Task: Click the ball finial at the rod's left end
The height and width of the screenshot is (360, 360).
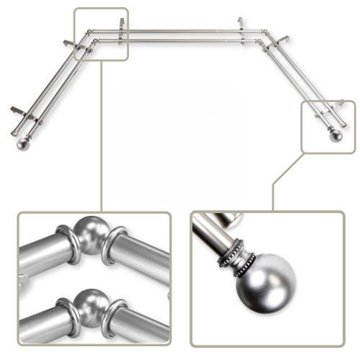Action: [21, 144]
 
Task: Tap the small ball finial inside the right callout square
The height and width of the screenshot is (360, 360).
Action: [335, 136]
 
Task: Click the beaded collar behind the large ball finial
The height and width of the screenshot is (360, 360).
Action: [238, 253]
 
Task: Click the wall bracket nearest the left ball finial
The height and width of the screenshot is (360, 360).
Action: [22, 113]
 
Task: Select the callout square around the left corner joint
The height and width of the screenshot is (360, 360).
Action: [101, 34]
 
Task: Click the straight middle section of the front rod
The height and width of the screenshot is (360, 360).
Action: [180, 39]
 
